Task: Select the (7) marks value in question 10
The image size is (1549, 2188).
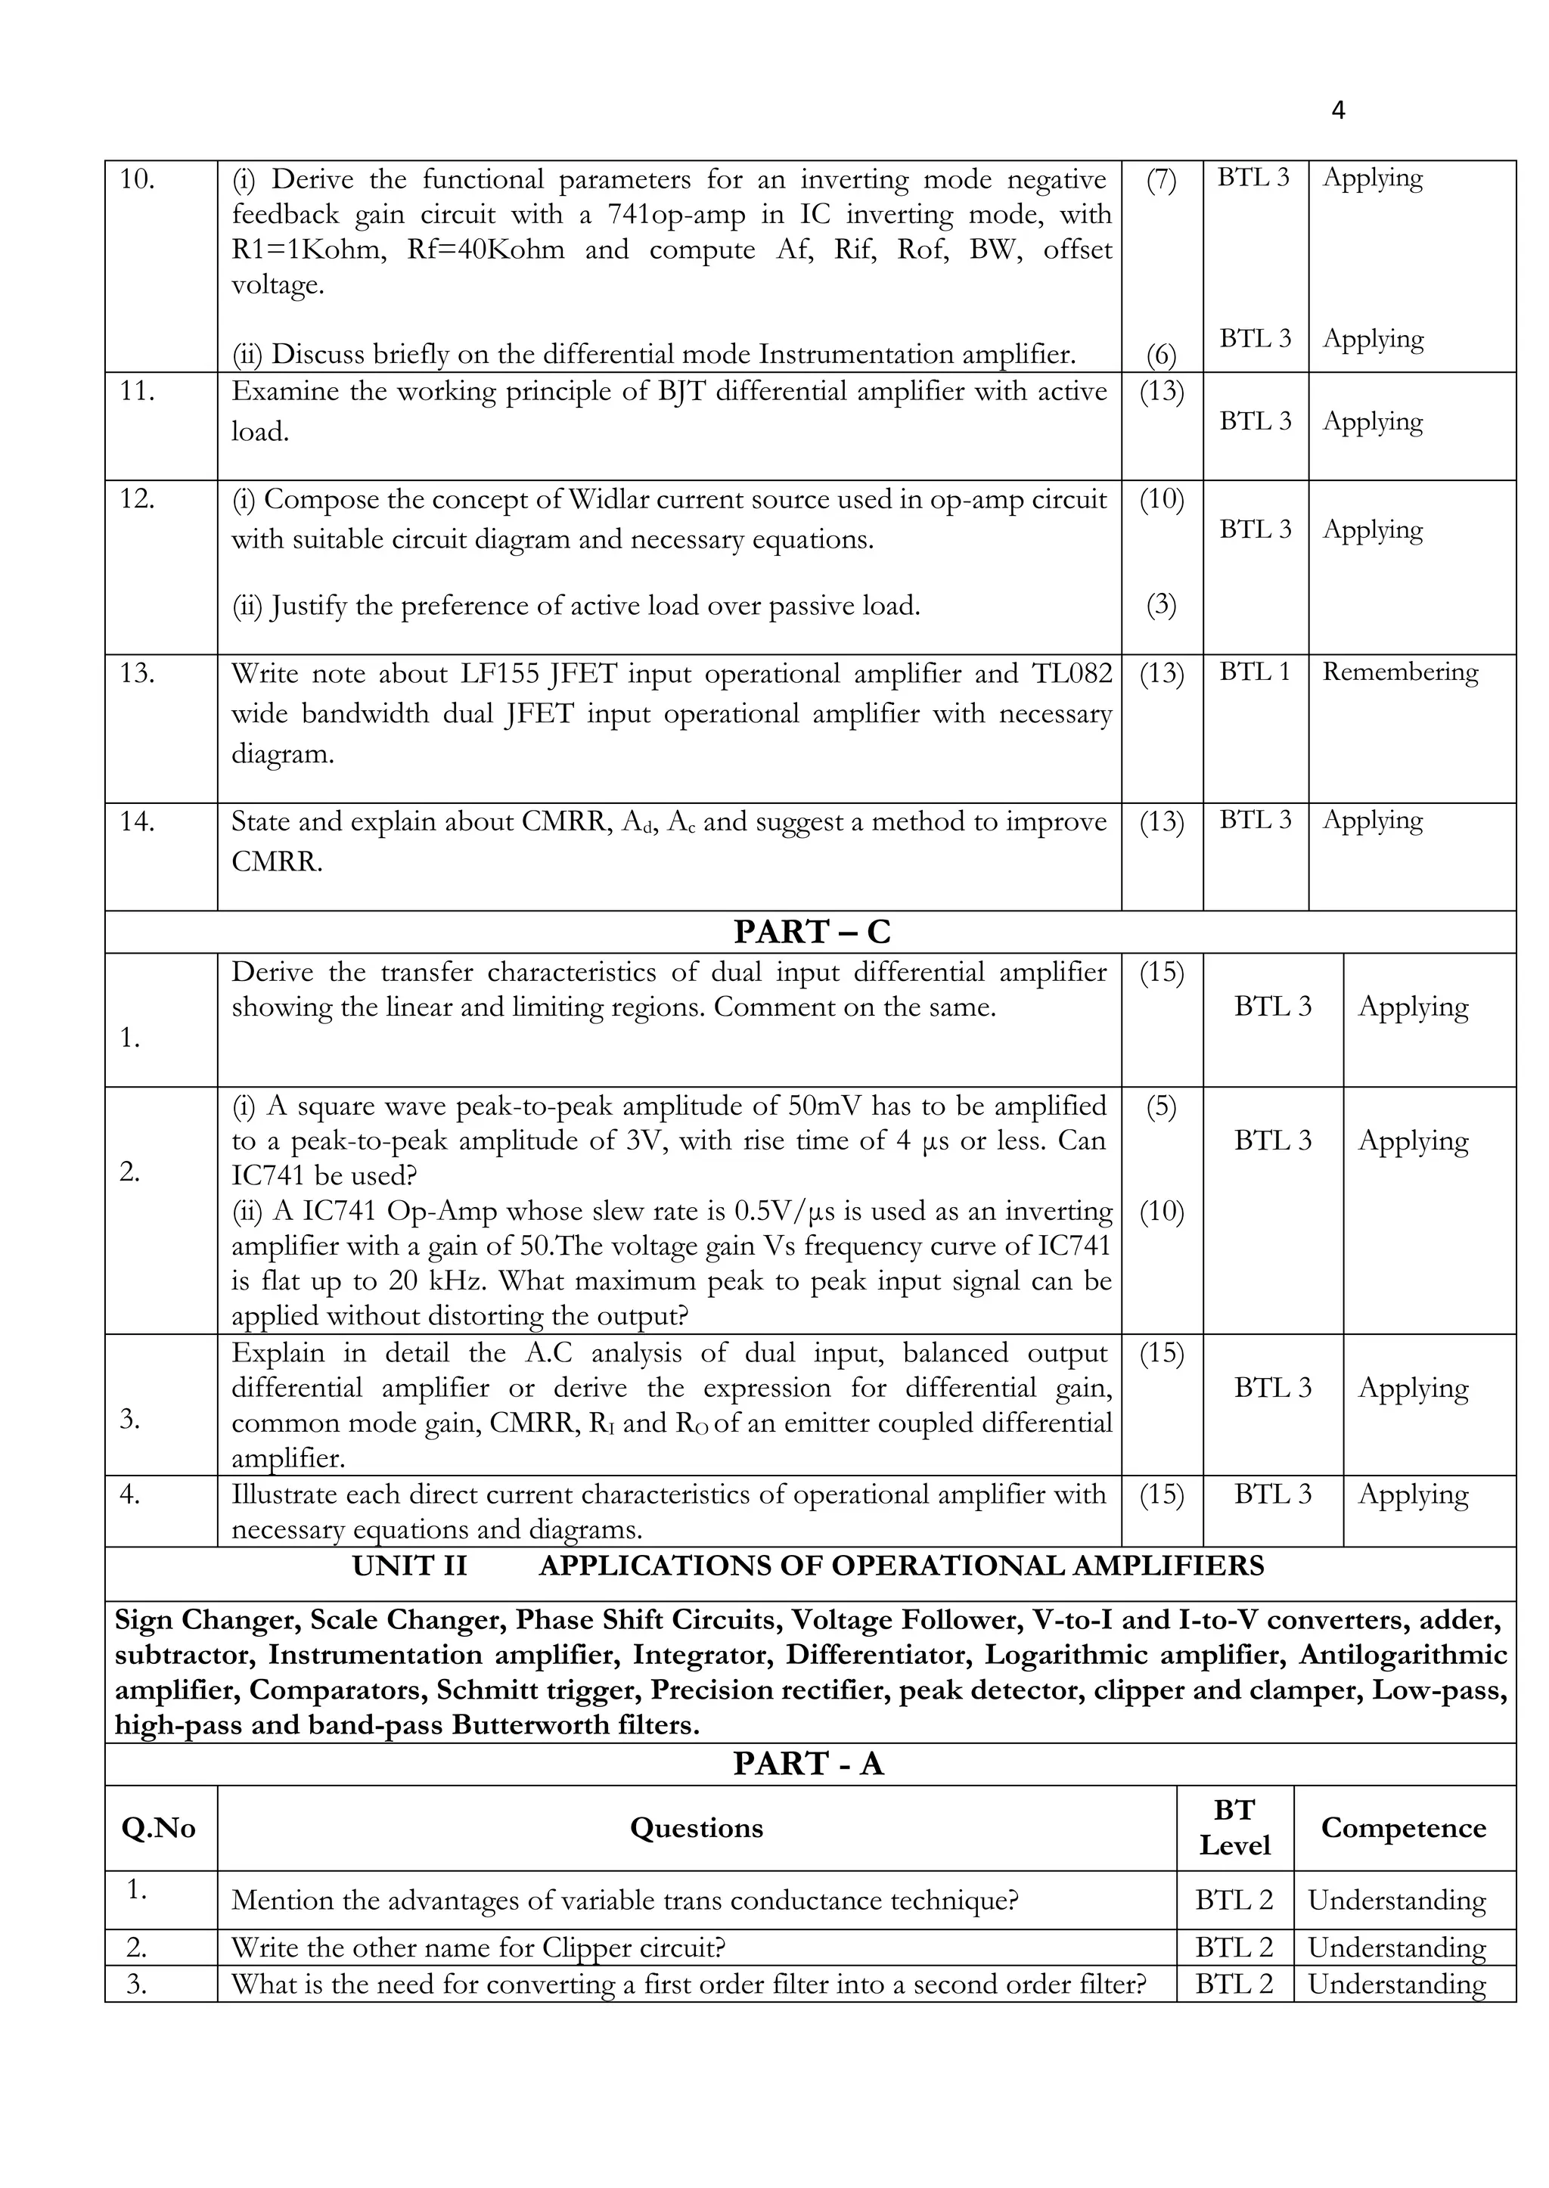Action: [x=1161, y=182]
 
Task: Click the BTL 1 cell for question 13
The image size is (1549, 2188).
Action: [x=1254, y=672]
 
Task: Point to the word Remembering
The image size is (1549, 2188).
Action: [x=1399, y=672]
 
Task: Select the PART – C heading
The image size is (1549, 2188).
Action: [x=811, y=932]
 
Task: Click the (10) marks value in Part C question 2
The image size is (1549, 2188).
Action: [x=1161, y=1212]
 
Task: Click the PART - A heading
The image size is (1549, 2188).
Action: [x=808, y=1764]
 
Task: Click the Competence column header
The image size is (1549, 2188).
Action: [x=1403, y=1827]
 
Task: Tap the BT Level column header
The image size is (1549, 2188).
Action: [x=1234, y=1827]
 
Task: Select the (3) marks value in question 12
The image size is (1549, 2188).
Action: [x=1161, y=605]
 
